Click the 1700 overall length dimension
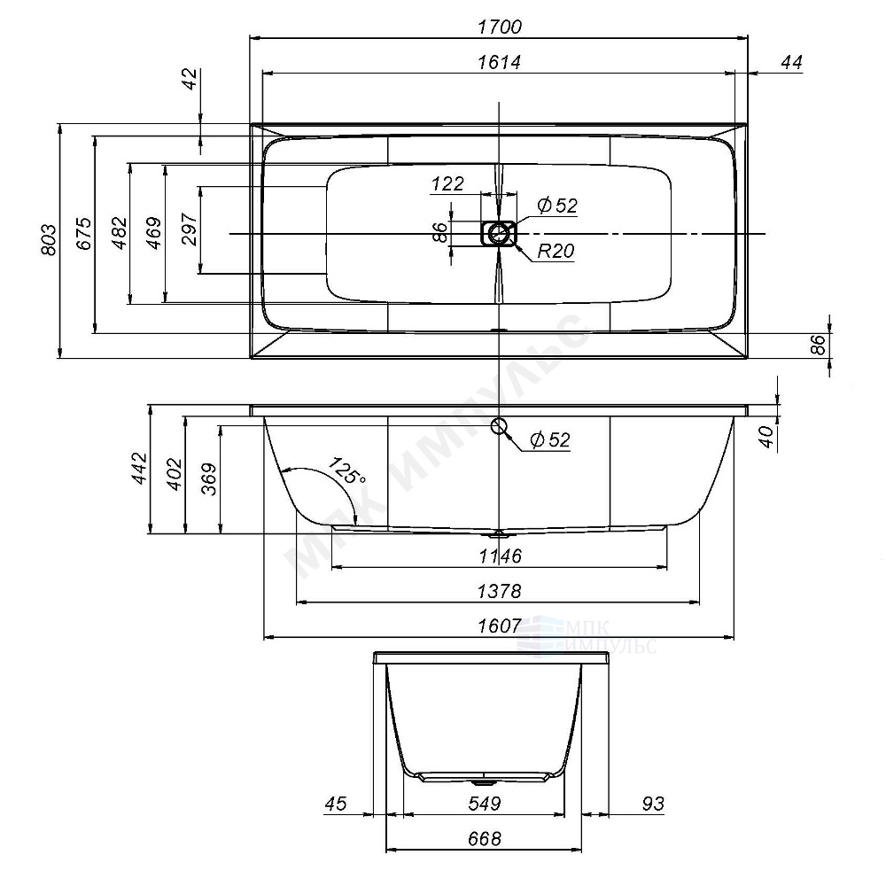(x=500, y=27)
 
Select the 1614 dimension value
(x=500, y=62)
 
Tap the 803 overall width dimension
(x=49, y=240)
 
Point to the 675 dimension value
(x=83, y=233)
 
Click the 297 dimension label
(x=190, y=229)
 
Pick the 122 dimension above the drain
(x=447, y=183)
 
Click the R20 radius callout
(x=556, y=251)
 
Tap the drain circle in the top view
(x=498, y=233)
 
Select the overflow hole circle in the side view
(x=498, y=426)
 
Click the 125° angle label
(x=346, y=470)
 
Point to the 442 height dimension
(x=139, y=469)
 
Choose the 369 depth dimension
(x=209, y=479)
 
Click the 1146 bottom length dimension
(x=500, y=556)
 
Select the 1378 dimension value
(x=499, y=592)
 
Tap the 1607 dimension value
(x=500, y=626)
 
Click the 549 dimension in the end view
(x=485, y=804)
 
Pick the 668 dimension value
(x=485, y=839)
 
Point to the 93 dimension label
(x=653, y=804)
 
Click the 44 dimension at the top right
(x=791, y=62)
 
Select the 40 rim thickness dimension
(x=766, y=437)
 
